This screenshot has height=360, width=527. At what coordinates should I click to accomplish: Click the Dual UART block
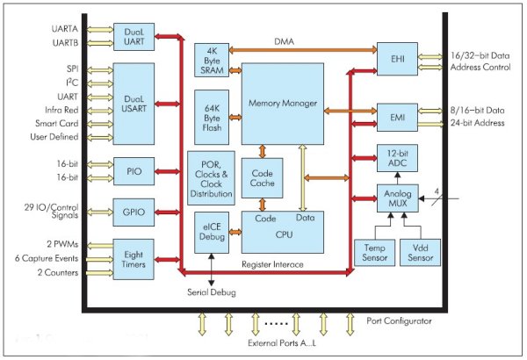(x=134, y=36)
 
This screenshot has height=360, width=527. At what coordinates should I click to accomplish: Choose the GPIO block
(x=134, y=212)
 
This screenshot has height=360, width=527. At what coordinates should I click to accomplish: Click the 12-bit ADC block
(x=396, y=159)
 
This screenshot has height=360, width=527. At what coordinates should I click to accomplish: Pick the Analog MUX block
(x=396, y=198)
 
